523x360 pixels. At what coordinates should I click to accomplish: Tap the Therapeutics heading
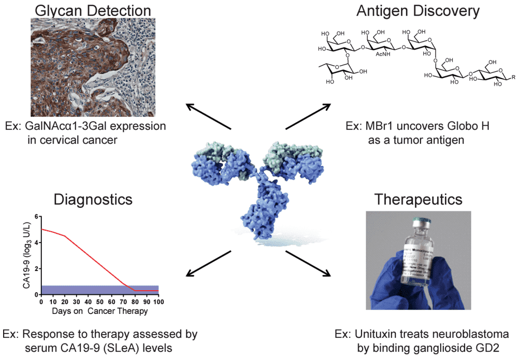click(x=417, y=199)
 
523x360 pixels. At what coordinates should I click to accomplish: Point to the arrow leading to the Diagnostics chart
click(x=208, y=262)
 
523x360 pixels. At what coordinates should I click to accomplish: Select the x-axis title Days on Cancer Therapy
click(x=100, y=311)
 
